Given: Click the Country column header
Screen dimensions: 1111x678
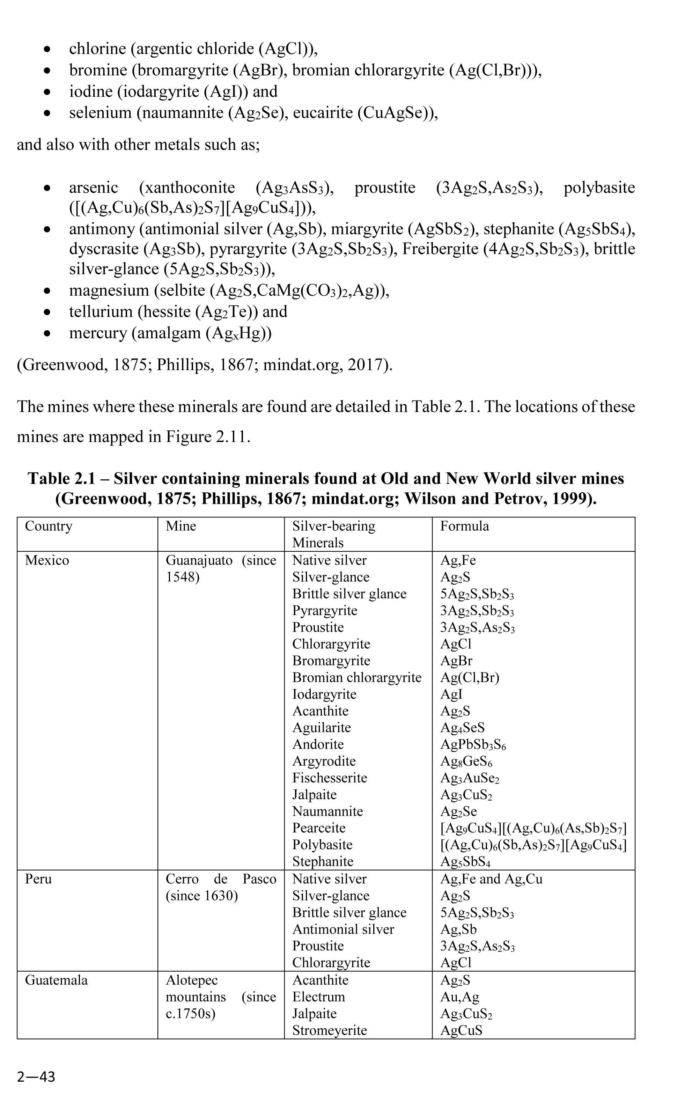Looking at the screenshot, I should click(x=48, y=526).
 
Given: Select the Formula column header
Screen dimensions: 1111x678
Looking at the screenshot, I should click(x=464, y=526).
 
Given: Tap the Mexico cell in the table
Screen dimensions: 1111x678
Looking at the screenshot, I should click(x=47, y=560).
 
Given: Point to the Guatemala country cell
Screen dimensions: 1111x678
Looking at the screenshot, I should click(x=56, y=980).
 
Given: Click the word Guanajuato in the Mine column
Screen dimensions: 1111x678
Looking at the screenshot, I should click(x=199, y=560).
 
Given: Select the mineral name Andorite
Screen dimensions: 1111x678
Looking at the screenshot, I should click(x=318, y=744).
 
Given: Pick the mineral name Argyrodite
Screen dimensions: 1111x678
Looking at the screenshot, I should click(x=324, y=761).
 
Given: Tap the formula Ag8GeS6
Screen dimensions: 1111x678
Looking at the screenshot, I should click(x=466, y=761).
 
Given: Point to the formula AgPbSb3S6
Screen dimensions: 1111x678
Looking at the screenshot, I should click(x=472, y=744).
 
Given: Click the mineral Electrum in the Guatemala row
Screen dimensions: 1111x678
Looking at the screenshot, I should click(x=318, y=996).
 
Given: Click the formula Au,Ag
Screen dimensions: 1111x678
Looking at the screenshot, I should click(x=459, y=997).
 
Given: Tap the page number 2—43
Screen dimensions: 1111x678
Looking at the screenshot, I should click(x=36, y=1077).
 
